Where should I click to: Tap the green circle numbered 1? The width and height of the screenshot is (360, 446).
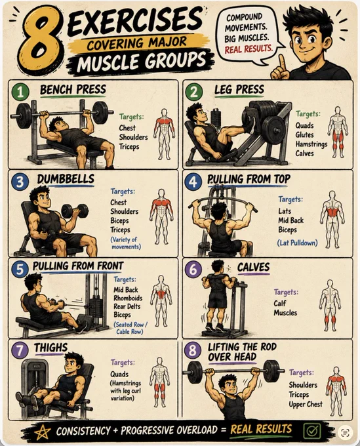pyautogui.click(x=20, y=92)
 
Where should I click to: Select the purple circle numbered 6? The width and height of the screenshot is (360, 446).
pyautogui.click(x=193, y=269)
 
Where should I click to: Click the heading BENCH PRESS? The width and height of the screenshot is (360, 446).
pyautogui.click(x=73, y=90)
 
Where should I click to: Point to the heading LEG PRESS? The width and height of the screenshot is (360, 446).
pyautogui.click(x=239, y=90)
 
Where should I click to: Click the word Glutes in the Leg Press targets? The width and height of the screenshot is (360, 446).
pyautogui.click(x=304, y=135)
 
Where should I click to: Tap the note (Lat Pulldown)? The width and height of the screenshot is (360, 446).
pyautogui.click(x=297, y=243)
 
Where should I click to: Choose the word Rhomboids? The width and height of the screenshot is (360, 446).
pyautogui.click(x=128, y=298)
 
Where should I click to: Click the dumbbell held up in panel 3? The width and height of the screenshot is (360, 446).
pyautogui.click(x=75, y=211)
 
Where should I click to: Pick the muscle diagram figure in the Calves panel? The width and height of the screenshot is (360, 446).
pyautogui.click(x=330, y=305)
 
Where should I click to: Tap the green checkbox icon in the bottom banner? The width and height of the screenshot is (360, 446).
pyautogui.click(x=311, y=431)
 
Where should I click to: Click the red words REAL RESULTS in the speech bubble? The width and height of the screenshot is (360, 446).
pyautogui.click(x=249, y=49)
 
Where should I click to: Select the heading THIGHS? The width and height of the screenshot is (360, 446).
pyautogui.click(x=50, y=348)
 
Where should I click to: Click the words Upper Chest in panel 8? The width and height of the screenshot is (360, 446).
pyautogui.click(x=306, y=404)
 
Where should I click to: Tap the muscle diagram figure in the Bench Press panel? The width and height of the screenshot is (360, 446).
pyautogui.click(x=164, y=134)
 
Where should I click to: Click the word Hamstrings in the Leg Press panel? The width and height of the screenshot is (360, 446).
pyautogui.click(x=311, y=144)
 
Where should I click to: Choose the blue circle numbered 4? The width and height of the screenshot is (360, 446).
pyautogui.click(x=193, y=182)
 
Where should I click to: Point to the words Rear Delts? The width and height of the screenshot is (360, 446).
pyautogui.click(x=127, y=306)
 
